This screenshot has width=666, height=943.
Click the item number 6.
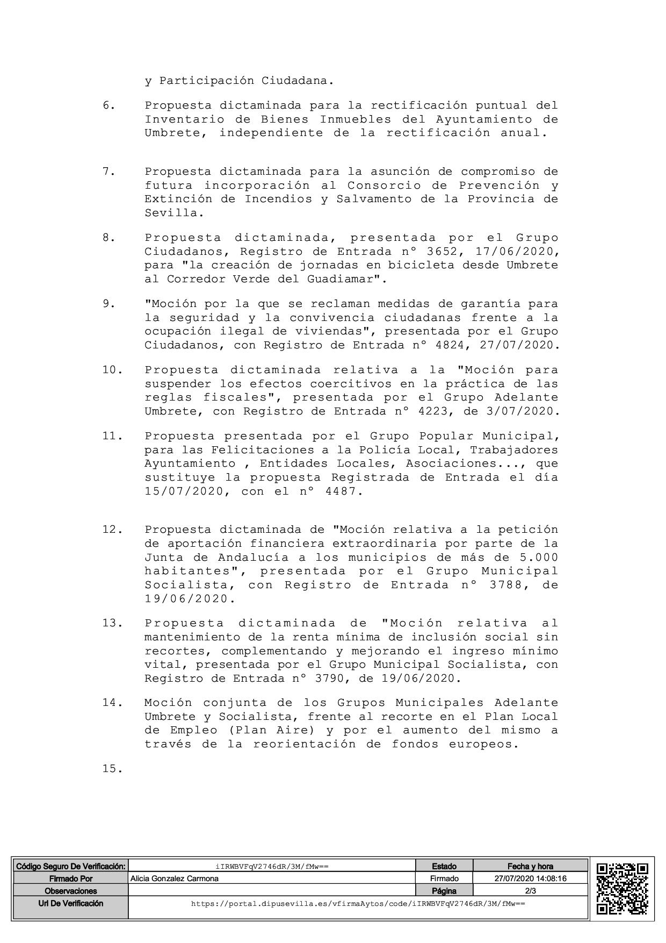108,105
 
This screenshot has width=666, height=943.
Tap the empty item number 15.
112,769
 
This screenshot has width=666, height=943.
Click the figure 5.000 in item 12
539,557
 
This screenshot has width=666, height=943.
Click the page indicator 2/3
530,891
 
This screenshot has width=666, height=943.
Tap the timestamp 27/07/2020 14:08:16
530,878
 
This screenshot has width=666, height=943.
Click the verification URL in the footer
358,904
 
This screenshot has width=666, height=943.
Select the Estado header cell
444,866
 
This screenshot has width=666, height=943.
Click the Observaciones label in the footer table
70,891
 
